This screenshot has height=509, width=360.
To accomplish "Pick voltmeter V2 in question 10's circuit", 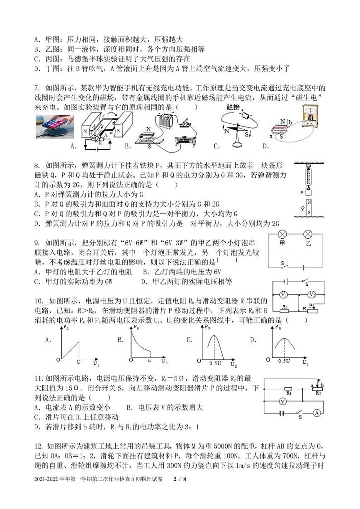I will (312, 294).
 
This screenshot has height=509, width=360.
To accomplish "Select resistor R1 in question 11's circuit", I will (288, 389).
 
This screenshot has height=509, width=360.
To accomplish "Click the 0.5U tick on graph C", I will (215, 364).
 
